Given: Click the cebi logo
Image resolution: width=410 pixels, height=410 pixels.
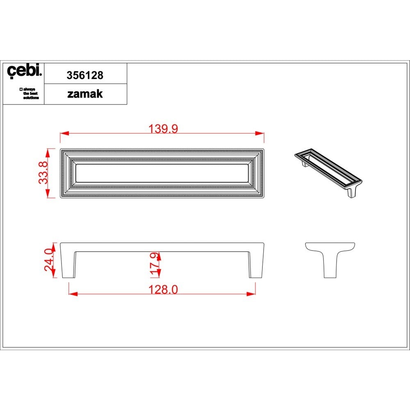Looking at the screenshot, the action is [x=24, y=71].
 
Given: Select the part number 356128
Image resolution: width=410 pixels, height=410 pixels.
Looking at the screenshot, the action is [x=85, y=75].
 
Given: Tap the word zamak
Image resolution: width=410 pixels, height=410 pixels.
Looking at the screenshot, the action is [x=85, y=94].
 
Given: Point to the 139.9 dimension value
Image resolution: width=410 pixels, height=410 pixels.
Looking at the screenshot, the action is [x=163, y=129].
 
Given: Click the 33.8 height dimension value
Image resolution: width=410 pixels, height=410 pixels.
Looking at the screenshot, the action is [x=43, y=173].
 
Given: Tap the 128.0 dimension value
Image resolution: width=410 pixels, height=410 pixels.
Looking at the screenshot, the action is [x=163, y=289].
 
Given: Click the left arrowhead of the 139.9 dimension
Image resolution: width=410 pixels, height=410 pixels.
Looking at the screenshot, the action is [x=64, y=133].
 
